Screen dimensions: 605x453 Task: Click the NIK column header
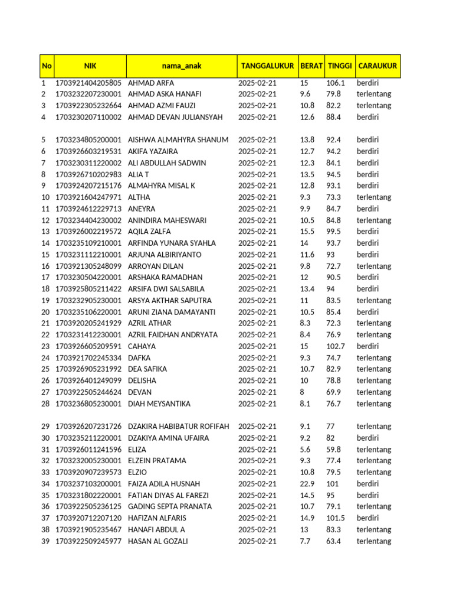pyautogui.click(x=90, y=66)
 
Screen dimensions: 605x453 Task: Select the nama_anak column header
pyautogui.click(x=182, y=66)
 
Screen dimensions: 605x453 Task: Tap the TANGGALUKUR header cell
pyautogui.click(x=267, y=66)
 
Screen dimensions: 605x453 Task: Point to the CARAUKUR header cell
pyautogui.click(x=377, y=66)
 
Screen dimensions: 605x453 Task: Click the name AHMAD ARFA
pyautogui.click(x=151, y=83)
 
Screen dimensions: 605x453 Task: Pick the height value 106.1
pyautogui.click(x=336, y=83)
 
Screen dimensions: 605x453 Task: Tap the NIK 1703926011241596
pyautogui.click(x=88, y=450)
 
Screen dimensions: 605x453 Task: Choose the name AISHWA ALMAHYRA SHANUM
pyautogui.click(x=178, y=140)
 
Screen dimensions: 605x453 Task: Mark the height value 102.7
pyautogui.click(x=336, y=346)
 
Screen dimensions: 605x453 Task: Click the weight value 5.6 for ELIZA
pyautogui.click(x=305, y=450)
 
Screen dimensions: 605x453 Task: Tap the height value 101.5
pyautogui.click(x=336, y=518)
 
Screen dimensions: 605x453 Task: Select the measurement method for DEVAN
pyautogui.click(x=374, y=392)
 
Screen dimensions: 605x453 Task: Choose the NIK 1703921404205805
pyautogui.click(x=88, y=83)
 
